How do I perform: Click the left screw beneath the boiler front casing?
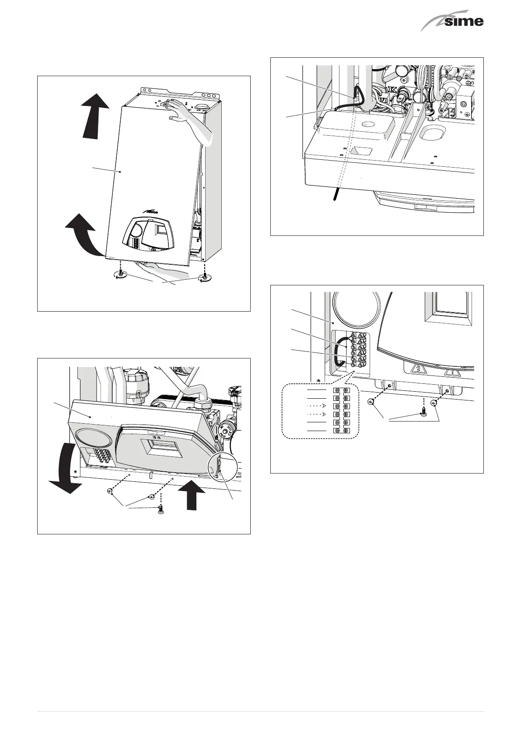click(x=120, y=273)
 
